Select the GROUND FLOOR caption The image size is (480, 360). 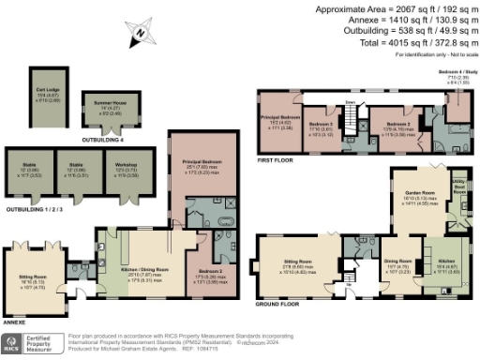click(x=279, y=305)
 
